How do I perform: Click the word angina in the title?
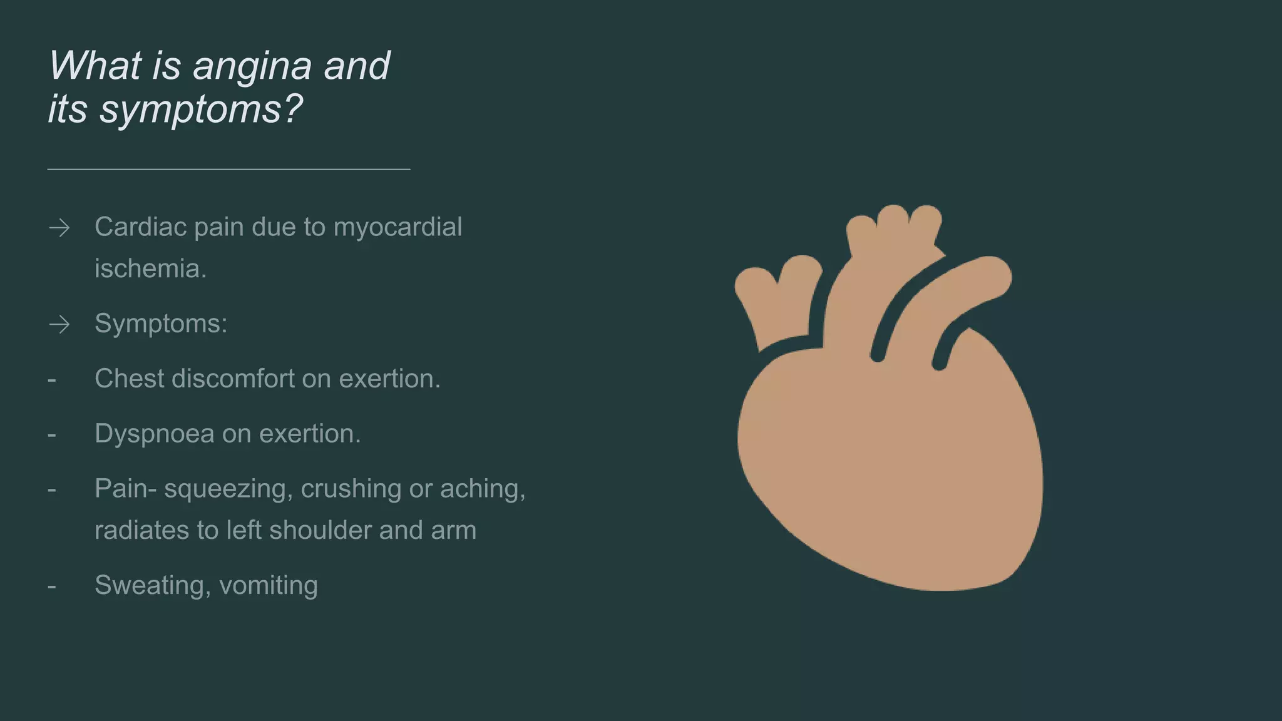click(252, 66)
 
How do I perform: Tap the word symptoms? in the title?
click(201, 110)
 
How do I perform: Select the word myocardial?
click(397, 227)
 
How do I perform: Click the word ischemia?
click(150, 269)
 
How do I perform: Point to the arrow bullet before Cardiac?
click(59, 227)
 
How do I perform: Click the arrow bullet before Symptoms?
click(59, 324)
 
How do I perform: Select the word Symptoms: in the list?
click(161, 324)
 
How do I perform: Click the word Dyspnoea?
click(154, 434)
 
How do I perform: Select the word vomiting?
click(269, 586)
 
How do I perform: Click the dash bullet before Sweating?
click(52, 586)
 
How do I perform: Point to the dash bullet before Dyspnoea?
click(52, 434)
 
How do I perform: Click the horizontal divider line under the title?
click(228, 169)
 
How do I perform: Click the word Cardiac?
click(140, 227)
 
